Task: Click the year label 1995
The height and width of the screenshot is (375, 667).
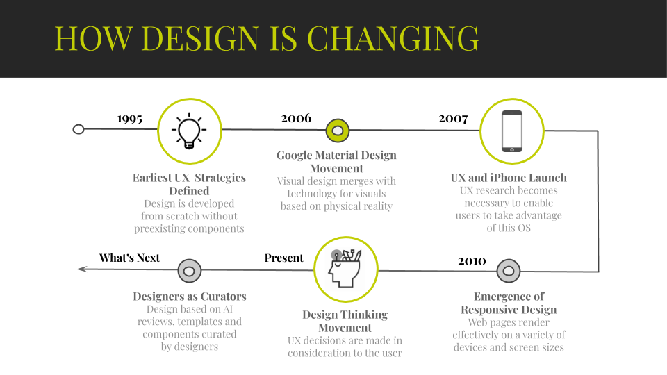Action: pyautogui.click(x=130, y=119)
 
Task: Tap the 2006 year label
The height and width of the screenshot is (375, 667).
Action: pyautogui.click(x=296, y=118)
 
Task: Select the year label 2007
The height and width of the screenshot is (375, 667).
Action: pyautogui.click(x=453, y=119)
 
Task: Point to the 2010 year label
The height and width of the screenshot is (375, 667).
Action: pyautogui.click(x=472, y=260)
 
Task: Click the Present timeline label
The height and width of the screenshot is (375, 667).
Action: pyautogui.click(x=283, y=258)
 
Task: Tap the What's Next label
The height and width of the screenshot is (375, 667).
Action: pyautogui.click(x=129, y=258)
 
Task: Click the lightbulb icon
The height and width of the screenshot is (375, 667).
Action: pyautogui.click(x=189, y=131)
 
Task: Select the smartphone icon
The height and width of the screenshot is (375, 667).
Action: pyautogui.click(x=512, y=131)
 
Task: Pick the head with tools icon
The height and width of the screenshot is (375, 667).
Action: pyautogui.click(x=345, y=268)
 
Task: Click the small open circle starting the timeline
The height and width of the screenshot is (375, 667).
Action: pyautogui.click(x=79, y=129)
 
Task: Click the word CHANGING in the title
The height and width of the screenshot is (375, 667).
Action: pyautogui.click(x=393, y=38)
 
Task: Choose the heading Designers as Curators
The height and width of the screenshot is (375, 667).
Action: pyautogui.click(x=189, y=296)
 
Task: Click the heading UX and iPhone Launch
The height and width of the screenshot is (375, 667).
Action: pyautogui.click(x=509, y=177)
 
